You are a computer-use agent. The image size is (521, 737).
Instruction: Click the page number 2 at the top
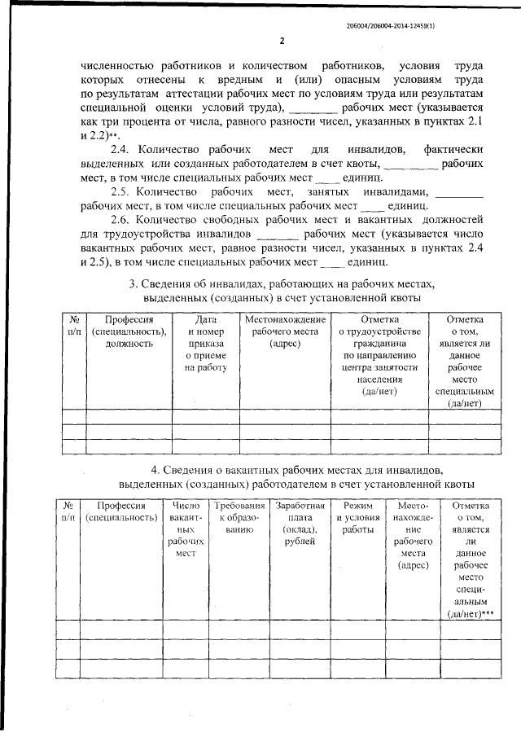(x=281, y=41)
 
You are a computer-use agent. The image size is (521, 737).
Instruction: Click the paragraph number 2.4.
(x=121, y=150)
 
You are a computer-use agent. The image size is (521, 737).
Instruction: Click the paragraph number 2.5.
(x=121, y=191)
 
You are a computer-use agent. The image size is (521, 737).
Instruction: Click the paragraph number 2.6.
(x=121, y=220)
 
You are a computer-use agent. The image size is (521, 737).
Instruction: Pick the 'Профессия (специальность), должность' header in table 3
(x=129, y=331)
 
